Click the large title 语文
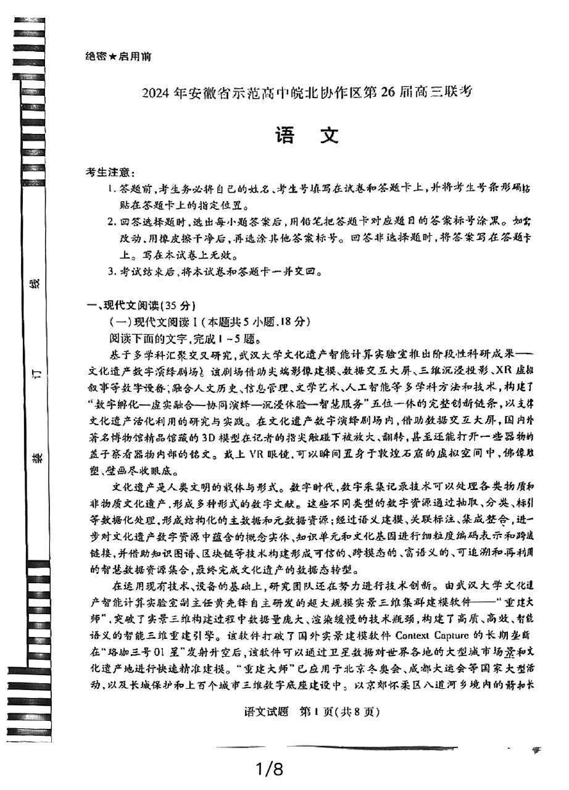307,135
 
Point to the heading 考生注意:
111,172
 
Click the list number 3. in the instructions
112,271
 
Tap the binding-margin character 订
36,372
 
